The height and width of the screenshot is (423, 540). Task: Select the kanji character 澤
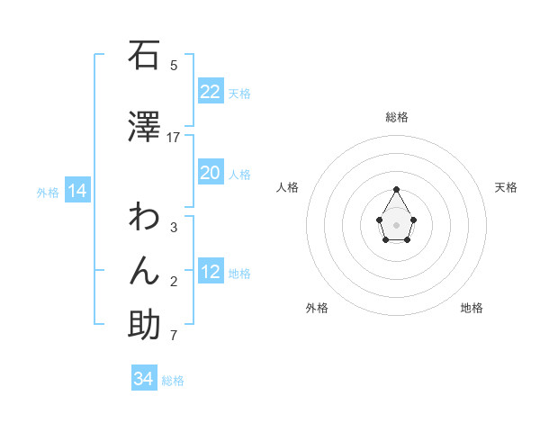pos(144,127)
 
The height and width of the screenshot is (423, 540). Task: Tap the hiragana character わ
pos(144,217)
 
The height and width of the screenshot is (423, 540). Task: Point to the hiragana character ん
pos(144,271)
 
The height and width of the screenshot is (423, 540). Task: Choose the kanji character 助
pos(144,325)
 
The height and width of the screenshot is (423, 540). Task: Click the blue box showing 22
pos(211,92)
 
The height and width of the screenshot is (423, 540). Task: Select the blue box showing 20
pos(211,173)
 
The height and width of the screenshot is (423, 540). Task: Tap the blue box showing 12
pos(211,272)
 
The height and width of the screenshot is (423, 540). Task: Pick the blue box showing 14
pos(77,191)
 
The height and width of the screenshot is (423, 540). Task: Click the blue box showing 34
pos(144,379)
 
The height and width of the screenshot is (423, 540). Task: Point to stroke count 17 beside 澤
pos(174,138)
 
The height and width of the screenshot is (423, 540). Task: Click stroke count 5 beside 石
pos(174,65)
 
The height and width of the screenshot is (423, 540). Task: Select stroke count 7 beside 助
pos(174,336)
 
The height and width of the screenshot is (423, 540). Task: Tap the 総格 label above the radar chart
pos(397,117)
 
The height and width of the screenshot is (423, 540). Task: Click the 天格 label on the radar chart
pos(506,187)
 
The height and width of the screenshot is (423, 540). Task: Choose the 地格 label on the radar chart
pos(472,308)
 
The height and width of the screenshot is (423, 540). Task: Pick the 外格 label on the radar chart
pos(317,308)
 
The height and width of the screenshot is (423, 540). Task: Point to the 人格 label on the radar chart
pos(288,187)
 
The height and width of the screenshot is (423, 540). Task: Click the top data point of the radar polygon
pos(396,189)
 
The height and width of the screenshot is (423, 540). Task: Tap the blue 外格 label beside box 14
pos(48,192)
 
